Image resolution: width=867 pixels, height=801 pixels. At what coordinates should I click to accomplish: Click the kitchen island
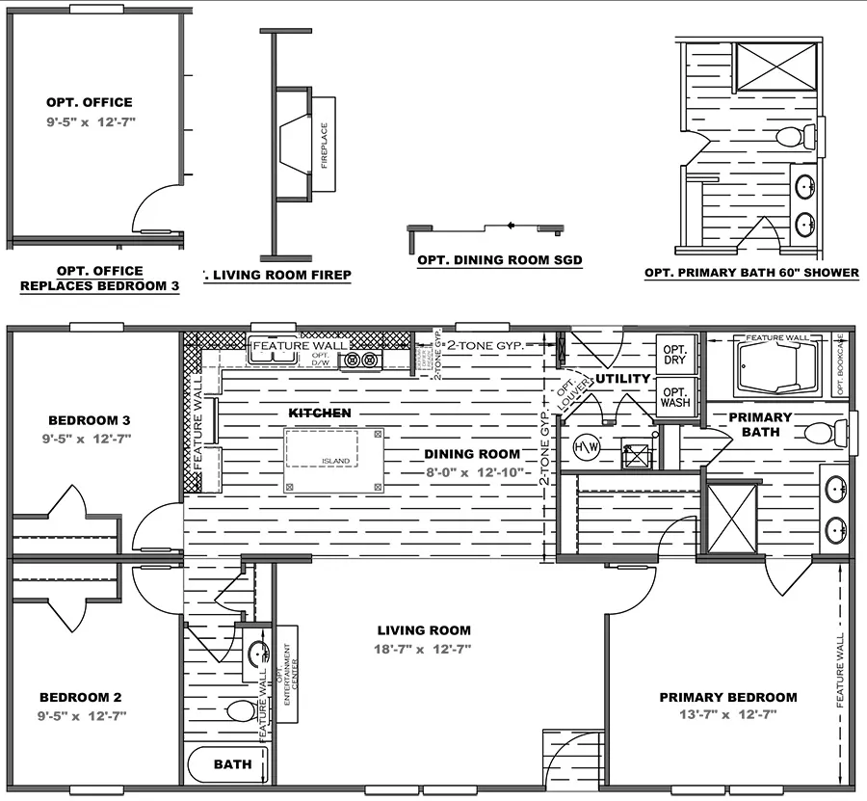click(x=333, y=461)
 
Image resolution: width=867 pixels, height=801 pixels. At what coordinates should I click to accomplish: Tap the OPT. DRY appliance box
click(x=674, y=354)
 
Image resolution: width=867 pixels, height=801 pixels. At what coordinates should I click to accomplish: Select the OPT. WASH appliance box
click(x=674, y=396)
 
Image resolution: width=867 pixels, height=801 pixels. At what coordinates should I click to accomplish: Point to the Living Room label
click(x=423, y=630)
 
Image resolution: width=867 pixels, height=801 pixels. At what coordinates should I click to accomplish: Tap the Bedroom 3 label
click(x=89, y=420)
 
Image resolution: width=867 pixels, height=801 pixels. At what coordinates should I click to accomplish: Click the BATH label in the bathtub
click(x=232, y=764)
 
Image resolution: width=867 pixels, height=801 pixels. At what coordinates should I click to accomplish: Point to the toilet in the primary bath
click(x=820, y=433)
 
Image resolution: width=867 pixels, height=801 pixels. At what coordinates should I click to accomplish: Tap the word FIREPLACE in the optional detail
click(x=324, y=146)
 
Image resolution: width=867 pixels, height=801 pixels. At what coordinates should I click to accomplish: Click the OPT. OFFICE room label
click(x=89, y=102)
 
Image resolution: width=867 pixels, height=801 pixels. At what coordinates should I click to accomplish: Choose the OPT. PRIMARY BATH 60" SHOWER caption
click(x=751, y=273)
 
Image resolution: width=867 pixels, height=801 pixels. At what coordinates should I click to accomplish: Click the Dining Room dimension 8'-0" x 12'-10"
click(x=472, y=472)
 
